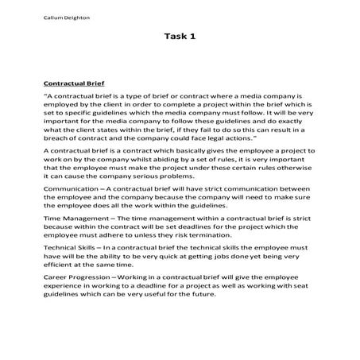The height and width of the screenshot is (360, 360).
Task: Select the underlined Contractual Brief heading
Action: (x=79, y=82)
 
